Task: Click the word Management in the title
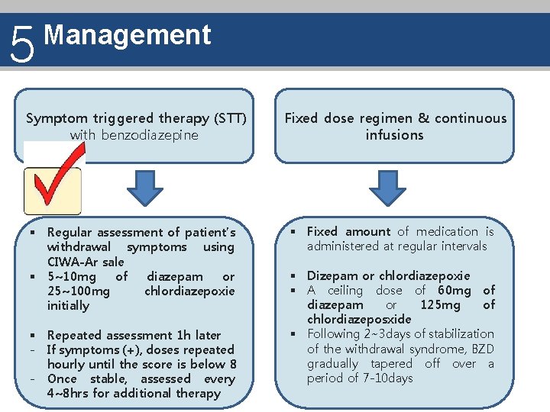tap(128, 35)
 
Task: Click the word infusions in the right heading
tap(394, 135)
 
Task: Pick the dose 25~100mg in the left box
tap(78, 291)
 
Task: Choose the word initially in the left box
tap(68, 305)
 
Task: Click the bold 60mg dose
tap(455, 290)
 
